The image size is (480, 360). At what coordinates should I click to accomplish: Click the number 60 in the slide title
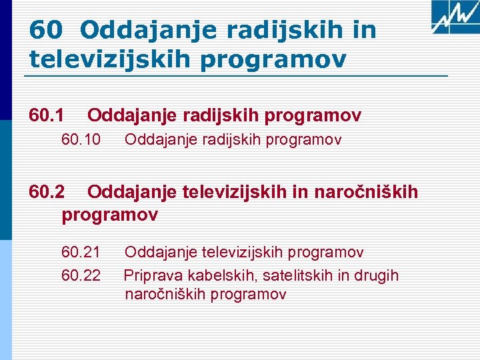pyautogui.click(x=46, y=29)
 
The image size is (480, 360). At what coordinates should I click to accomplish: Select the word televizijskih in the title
pyautogui.click(x=109, y=59)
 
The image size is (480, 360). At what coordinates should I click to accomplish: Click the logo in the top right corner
pyautogui.click(x=454, y=17)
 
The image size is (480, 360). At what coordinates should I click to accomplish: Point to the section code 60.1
pyautogui.click(x=47, y=116)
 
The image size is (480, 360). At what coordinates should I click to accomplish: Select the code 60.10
pyautogui.click(x=81, y=140)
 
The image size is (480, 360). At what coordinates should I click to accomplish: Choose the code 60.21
pyautogui.click(x=81, y=252)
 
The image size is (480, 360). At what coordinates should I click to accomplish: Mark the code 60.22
pyautogui.click(x=81, y=275)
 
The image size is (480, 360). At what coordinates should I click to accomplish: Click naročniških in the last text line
pyautogui.click(x=163, y=294)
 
